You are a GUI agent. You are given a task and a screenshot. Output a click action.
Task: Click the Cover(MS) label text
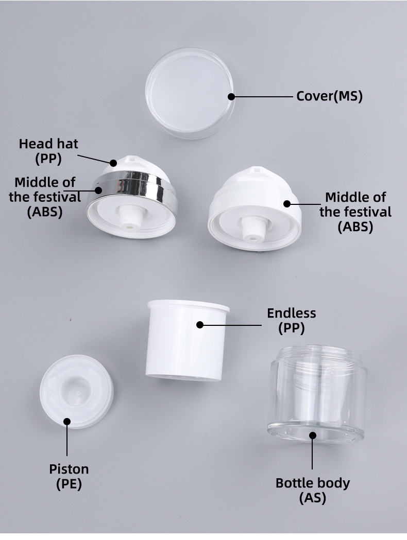329,96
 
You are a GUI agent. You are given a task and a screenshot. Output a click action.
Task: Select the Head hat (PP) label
48,151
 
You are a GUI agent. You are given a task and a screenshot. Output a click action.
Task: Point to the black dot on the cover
231,96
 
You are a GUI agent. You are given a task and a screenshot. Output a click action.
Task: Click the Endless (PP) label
291,320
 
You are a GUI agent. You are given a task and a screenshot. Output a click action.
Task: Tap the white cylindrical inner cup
188,342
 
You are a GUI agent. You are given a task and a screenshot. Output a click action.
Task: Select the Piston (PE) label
69,476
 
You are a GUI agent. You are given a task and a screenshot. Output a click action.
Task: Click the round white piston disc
76,391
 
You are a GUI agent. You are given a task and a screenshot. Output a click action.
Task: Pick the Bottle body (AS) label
313,490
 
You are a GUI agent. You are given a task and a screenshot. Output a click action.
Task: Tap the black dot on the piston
67,422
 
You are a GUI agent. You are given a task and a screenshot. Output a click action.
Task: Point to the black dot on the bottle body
313,436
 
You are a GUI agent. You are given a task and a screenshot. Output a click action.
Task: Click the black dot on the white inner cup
200,325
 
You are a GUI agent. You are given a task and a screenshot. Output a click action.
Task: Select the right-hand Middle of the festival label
355,212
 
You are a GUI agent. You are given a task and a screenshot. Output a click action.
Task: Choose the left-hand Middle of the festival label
45,197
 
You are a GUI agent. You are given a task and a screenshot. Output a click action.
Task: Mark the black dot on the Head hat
114,163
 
